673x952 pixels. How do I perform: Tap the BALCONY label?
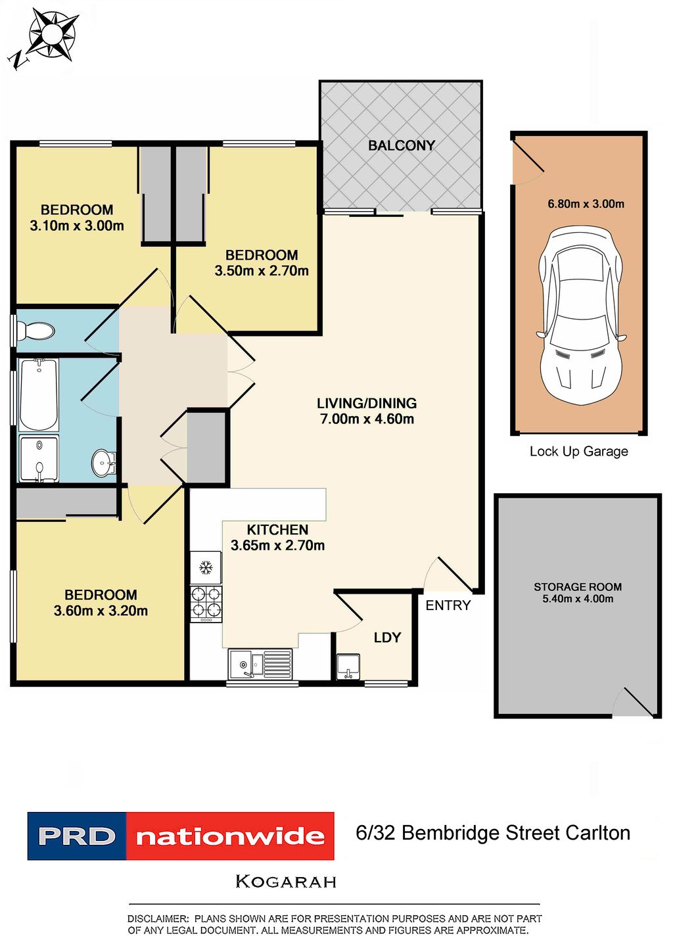(402, 145)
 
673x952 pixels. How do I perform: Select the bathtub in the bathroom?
(39, 394)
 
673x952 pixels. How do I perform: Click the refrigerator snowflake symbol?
(206, 567)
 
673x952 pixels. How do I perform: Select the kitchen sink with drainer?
(260, 663)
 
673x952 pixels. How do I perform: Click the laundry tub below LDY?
(348, 667)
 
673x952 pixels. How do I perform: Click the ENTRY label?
(448, 606)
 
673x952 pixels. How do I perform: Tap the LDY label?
(388, 638)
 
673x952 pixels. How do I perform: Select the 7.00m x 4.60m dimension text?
(367, 419)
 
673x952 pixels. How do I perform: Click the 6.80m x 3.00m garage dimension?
(586, 204)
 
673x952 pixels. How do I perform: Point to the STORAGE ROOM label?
(578, 587)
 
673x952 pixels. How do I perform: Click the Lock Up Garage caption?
(578, 452)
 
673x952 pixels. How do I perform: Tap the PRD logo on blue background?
(77, 836)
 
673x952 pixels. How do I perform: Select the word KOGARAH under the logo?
(286, 882)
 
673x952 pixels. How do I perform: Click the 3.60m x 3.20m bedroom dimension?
(101, 611)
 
